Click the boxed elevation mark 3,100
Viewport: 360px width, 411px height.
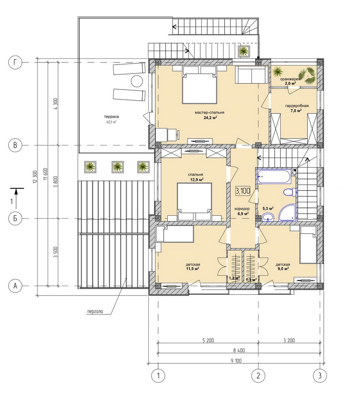(x=242, y=191)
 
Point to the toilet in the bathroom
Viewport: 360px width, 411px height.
(x=290, y=192)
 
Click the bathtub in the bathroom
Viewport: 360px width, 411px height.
(x=275, y=177)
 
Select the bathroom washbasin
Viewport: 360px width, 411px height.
(x=268, y=217)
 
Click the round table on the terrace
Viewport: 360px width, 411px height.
(x=136, y=81)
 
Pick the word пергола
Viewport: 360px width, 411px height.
(x=95, y=312)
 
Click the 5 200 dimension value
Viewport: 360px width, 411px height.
(x=208, y=340)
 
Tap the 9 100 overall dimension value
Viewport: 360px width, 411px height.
(x=236, y=361)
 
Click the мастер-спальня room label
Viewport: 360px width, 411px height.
(x=210, y=113)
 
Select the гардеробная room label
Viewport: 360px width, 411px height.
(x=297, y=106)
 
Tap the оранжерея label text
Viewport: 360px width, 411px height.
(x=290, y=79)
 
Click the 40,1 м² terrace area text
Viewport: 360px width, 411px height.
(x=111, y=122)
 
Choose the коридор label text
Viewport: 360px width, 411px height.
(x=242, y=209)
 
